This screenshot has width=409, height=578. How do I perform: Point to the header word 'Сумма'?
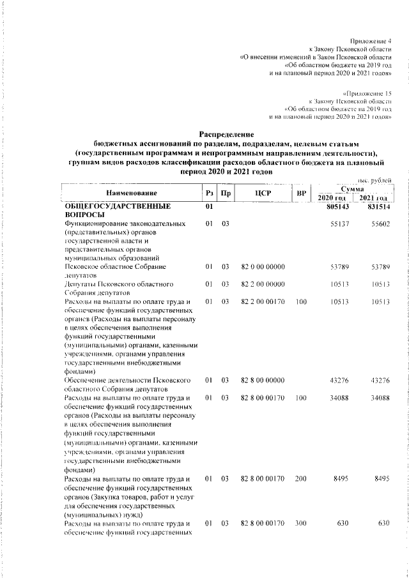click(353, 189)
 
